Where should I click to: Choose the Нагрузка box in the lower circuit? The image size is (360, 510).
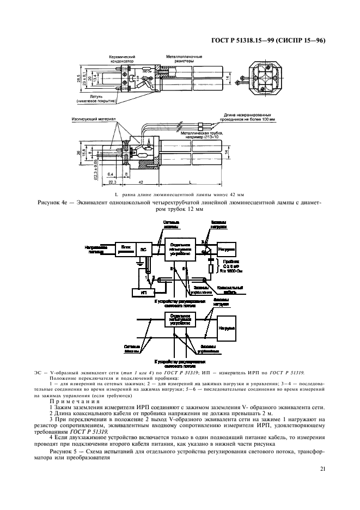click(226, 329)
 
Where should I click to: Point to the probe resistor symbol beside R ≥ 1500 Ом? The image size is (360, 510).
click(210, 269)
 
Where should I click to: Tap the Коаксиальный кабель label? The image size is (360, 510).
click(231, 289)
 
